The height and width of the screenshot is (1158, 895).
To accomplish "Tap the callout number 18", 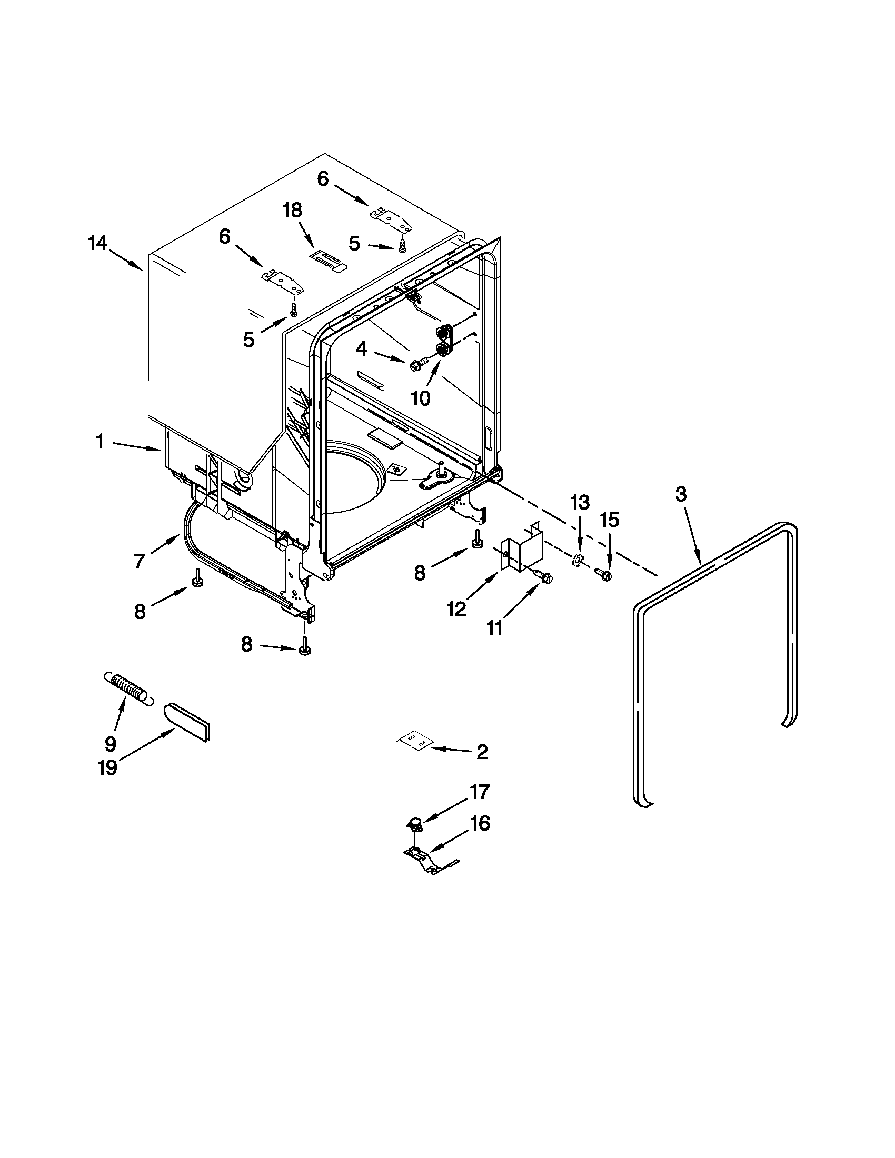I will click(x=292, y=211).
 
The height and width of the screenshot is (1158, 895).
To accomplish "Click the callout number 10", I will click(x=421, y=397).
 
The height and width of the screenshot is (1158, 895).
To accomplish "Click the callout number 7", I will click(x=139, y=561).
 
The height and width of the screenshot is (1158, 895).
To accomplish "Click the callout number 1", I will click(x=100, y=441).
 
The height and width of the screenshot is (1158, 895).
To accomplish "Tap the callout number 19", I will click(x=108, y=767).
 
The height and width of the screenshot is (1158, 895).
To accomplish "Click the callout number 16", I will click(x=480, y=823).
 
